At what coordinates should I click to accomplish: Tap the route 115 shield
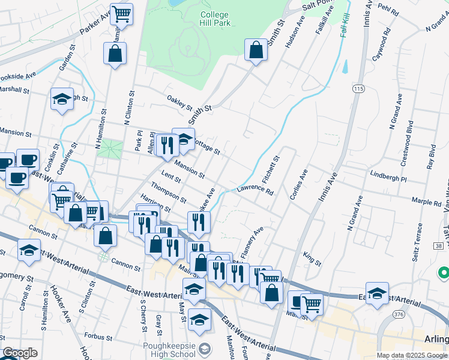point(359,89)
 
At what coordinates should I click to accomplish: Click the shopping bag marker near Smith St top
point(256,50)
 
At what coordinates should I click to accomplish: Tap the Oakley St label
point(179,104)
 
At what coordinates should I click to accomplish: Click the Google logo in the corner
point(20,353)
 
